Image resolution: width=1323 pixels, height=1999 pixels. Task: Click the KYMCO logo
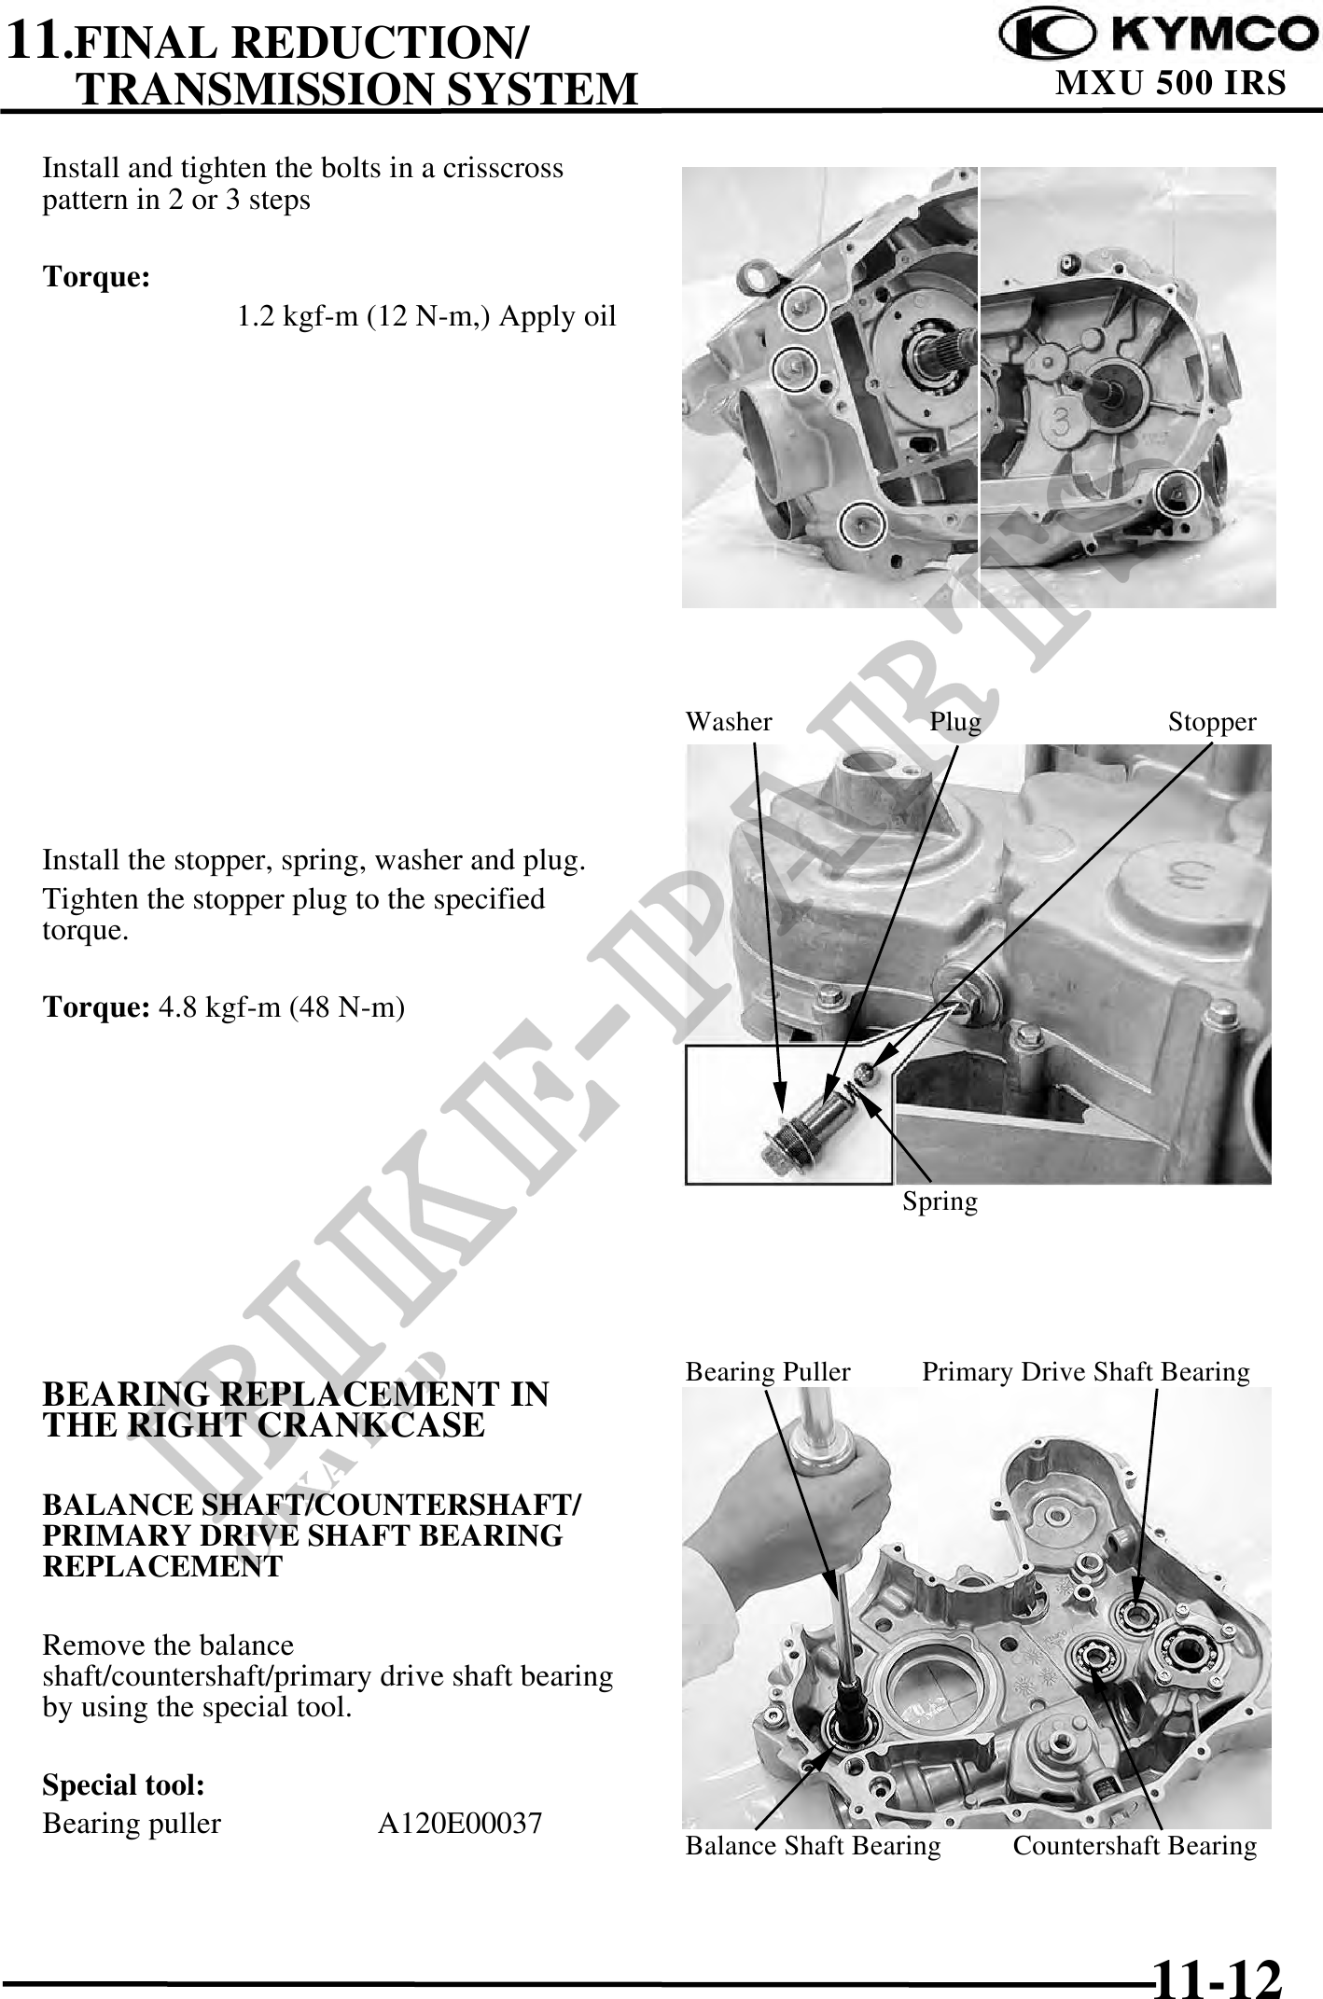click(x=1160, y=35)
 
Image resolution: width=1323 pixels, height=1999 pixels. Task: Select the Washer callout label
click(x=729, y=722)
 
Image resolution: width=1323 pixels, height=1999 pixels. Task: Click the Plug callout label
click(x=955, y=723)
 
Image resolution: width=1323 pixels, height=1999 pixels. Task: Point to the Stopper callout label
click(x=1212, y=723)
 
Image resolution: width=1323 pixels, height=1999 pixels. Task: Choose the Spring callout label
click(x=940, y=1201)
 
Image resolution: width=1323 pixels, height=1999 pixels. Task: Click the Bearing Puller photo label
click(x=768, y=1372)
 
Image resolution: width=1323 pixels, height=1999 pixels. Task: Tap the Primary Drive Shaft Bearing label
click(x=1086, y=1372)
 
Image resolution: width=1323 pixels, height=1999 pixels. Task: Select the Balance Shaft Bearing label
click(x=813, y=1846)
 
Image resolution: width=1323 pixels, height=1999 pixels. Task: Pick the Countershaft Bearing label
click(x=1135, y=1846)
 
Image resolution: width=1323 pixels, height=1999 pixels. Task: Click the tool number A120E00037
click(x=460, y=1823)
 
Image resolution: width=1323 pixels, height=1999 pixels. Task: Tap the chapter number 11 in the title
click(x=36, y=39)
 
